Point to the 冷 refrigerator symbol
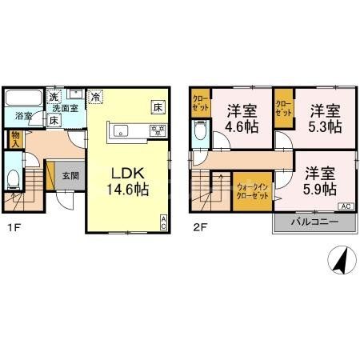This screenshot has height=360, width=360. coord(95,96)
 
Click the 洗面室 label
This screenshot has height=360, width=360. coord(65,108)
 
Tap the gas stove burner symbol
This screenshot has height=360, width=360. coord(160,130)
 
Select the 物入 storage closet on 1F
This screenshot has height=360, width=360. coord(15,139)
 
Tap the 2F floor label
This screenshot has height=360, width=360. coord(198,226)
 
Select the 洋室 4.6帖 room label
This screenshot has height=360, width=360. coord(242,118)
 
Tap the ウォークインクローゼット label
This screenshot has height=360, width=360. coord(253,192)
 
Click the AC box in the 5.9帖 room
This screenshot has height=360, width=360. coord(346,206)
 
